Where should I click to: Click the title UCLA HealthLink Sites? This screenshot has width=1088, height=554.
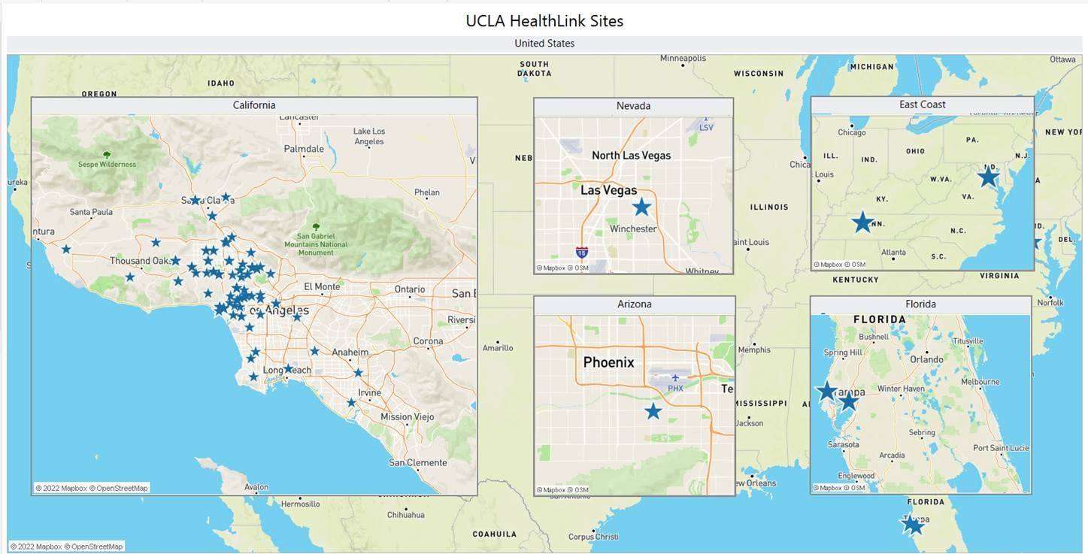(x=544, y=20)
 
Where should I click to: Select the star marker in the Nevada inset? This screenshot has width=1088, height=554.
(x=641, y=207)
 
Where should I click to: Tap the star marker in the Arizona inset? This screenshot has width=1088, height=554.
(x=653, y=411)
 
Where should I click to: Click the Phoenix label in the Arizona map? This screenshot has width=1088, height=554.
(x=608, y=362)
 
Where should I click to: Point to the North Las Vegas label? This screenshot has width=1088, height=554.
(x=631, y=156)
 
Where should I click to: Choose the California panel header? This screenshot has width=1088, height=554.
(x=254, y=105)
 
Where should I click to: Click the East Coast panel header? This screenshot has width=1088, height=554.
(x=922, y=104)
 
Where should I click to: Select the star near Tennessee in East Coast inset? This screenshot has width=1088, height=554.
(x=862, y=223)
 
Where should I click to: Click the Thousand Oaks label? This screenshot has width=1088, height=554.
(x=140, y=261)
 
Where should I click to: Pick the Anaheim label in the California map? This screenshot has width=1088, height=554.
(x=350, y=352)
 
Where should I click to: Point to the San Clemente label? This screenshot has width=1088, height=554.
(x=417, y=462)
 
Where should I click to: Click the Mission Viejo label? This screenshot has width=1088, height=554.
(x=407, y=416)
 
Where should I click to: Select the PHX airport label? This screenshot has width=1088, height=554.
(x=675, y=388)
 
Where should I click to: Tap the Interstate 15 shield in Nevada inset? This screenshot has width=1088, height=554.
(x=581, y=253)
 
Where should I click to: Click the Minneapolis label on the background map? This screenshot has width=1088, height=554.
(x=683, y=59)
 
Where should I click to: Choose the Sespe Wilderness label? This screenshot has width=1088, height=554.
(x=107, y=164)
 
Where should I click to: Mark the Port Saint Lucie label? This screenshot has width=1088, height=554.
(x=1000, y=448)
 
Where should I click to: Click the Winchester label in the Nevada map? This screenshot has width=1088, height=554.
(x=633, y=229)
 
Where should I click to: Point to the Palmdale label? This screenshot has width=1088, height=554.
(x=304, y=149)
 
